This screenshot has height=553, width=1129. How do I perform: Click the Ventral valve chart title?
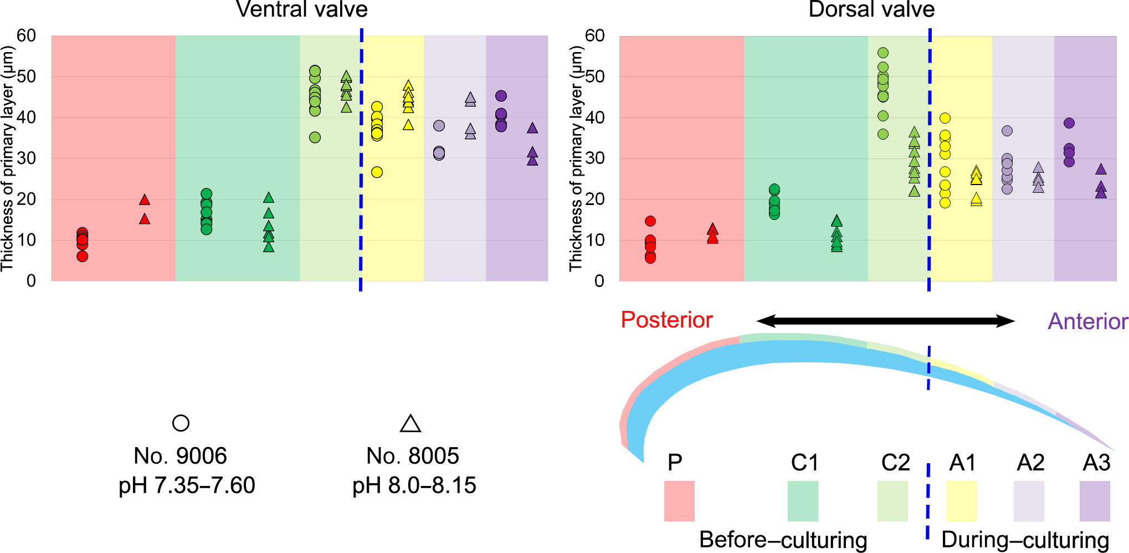(x=301, y=9)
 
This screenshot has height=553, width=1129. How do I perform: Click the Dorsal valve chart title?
(x=871, y=9)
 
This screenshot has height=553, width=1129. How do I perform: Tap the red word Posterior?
(x=666, y=320)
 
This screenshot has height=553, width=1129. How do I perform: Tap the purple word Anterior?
(x=1087, y=321)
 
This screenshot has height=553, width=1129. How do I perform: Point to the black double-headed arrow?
(x=885, y=321)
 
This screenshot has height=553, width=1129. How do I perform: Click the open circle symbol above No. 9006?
(x=181, y=423)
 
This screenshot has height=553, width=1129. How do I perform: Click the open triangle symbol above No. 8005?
(x=410, y=423)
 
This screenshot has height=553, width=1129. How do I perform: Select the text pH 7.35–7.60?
(x=187, y=485)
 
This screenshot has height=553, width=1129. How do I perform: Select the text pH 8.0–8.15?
(x=414, y=485)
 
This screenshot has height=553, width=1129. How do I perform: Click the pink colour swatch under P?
(x=679, y=501)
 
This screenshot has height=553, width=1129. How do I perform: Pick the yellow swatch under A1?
(x=961, y=501)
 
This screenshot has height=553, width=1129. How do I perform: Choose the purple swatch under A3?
(x=1095, y=501)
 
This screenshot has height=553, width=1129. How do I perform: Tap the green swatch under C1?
(x=803, y=501)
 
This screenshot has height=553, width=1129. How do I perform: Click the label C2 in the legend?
(x=895, y=462)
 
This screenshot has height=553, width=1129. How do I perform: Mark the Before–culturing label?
(x=783, y=539)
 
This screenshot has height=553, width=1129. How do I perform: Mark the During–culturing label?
(x=1025, y=539)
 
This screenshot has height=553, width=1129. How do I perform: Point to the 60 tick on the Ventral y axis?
(x=26, y=35)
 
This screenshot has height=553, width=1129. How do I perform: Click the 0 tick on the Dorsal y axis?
(x=599, y=281)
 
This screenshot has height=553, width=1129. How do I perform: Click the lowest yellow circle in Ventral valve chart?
(x=377, y=172)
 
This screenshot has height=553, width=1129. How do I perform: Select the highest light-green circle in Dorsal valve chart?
(x=883, y=53)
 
